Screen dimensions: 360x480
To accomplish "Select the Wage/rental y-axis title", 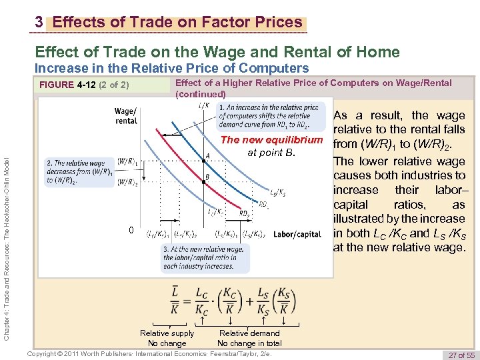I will point(126,115).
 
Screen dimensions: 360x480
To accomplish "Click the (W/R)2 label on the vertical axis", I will point(128,181).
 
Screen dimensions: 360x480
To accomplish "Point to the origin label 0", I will point(131,231).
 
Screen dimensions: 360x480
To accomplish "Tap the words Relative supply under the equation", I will point(167,333).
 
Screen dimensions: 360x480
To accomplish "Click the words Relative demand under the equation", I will point(249,333).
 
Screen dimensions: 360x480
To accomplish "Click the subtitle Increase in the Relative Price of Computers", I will point(171,68).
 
